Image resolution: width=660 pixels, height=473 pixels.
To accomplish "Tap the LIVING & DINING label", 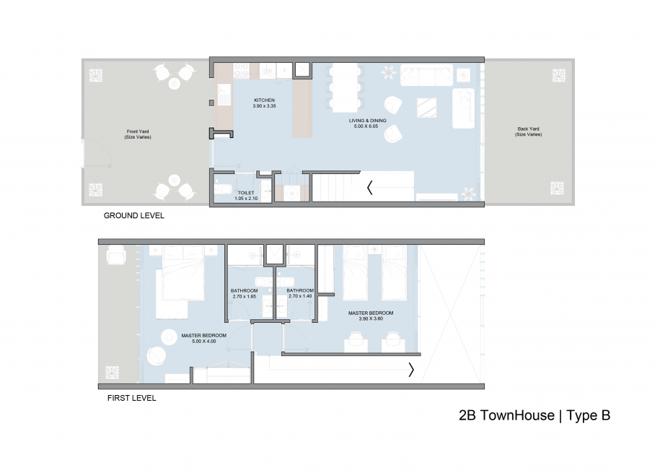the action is click(367, 121).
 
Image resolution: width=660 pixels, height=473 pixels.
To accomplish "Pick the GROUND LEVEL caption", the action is click(134, 215).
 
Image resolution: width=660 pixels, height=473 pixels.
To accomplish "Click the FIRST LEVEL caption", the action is click(132, 398).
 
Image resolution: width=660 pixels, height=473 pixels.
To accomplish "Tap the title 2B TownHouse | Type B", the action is click(534, 415).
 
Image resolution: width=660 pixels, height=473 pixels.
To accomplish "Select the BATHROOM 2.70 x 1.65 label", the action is click(244, 293).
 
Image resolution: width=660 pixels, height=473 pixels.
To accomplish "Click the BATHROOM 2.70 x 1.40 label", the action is click(300, 293).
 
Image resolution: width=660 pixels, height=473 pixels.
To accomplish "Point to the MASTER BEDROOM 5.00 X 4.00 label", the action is click(203, 338).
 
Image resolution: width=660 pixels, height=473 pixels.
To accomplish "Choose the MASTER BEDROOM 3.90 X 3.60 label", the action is click(371, 316).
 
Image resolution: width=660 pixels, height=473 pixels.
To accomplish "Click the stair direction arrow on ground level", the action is click(369, 188).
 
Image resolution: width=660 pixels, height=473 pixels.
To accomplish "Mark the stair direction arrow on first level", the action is click(411, 370).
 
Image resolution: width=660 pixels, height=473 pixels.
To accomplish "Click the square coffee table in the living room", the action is click(426, 108).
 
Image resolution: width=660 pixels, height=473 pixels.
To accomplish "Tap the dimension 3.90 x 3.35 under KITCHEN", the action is click(264, 106).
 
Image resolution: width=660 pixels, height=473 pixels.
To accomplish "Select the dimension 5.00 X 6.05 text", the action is click(366, 126).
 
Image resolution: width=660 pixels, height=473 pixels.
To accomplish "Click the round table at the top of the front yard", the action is click(175, 84).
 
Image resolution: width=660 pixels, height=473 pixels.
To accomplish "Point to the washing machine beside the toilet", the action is click(291, 194).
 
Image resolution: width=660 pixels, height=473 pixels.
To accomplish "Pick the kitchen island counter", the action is click(302, 110).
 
